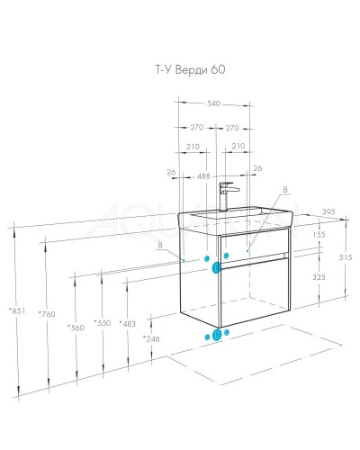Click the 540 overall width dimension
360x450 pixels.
[214, 104]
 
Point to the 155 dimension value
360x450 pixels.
[319, 234]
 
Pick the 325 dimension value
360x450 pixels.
[319, 277]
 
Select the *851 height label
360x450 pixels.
[16, 310]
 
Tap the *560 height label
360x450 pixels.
[76, 327]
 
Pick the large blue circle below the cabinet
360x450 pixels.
[216, 337]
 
